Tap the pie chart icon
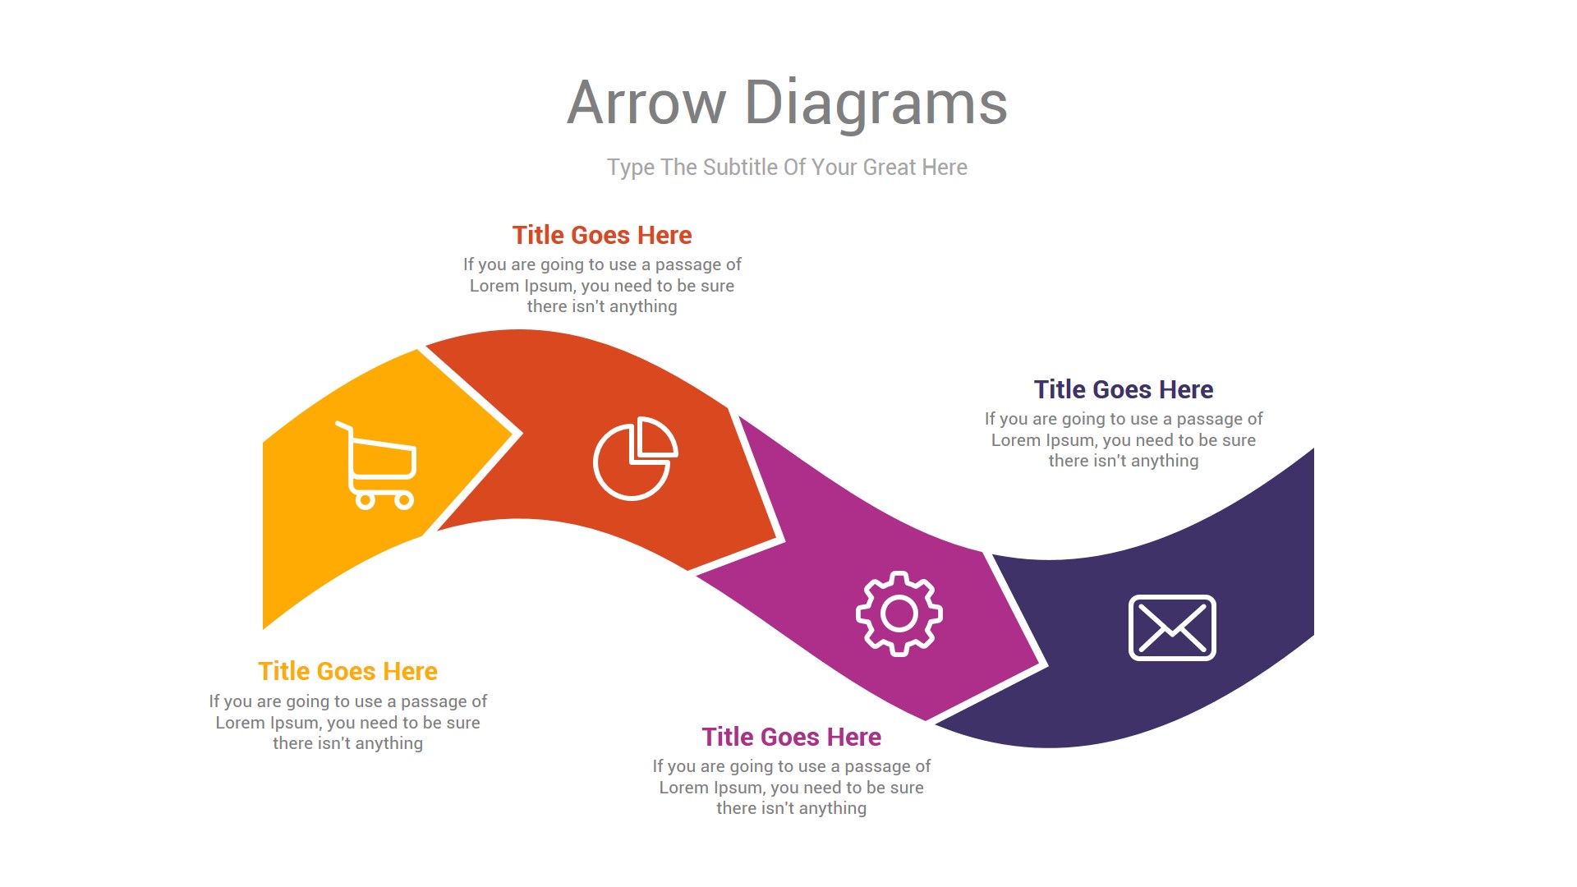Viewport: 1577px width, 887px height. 635,458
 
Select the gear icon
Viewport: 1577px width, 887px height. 899,614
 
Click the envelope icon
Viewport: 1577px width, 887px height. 1172,628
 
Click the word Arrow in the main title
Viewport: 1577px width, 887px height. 646,103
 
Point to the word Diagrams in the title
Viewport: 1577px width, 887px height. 876,103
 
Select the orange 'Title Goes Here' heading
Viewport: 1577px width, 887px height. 347,672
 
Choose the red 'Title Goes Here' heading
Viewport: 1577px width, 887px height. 602,236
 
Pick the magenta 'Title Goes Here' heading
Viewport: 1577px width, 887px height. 791,738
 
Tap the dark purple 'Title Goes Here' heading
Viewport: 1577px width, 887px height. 1123,389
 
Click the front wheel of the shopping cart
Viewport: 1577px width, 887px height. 404,500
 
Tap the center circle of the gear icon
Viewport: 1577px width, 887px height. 899,614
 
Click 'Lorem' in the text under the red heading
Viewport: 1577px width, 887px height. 495,286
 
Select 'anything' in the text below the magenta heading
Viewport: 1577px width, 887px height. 832,808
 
